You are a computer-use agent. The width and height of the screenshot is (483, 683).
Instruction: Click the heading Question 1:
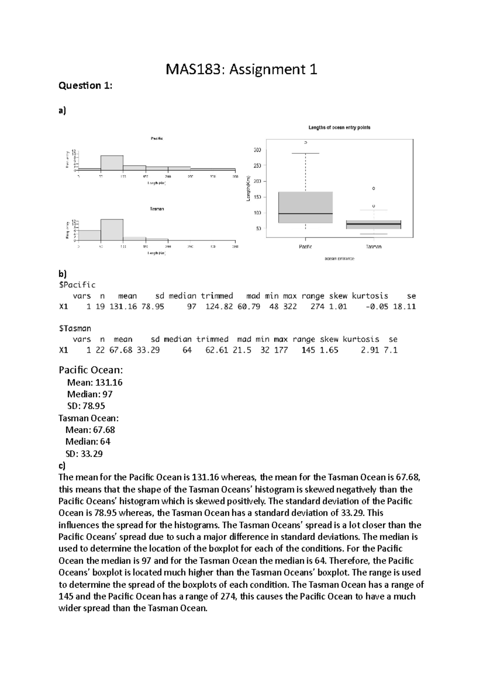pos(85,85)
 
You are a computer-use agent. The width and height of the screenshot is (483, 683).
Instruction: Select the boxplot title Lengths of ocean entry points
pos(339,128)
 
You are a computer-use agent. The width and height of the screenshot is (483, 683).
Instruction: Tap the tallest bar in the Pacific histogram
pos(112,163)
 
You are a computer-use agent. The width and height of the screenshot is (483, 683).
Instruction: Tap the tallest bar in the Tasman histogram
pos(112,230)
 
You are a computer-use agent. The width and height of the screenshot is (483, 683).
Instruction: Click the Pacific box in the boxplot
pos(305,207)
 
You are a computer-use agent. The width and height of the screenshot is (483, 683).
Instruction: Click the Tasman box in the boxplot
pos(374,224)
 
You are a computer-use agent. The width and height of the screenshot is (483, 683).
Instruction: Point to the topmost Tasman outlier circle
pos(374,188)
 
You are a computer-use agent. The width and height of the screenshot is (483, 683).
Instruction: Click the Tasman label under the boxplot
pos(374,247)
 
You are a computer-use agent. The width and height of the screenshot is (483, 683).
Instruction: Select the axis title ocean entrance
pos(339,259)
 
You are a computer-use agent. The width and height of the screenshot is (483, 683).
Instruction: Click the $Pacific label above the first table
pos(77,285)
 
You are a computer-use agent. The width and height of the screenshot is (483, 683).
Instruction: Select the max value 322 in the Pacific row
pos(290,307)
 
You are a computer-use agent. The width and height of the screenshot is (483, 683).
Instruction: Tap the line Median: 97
pos(90,394)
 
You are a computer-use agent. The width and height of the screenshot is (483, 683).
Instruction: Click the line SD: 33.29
pos(84,454)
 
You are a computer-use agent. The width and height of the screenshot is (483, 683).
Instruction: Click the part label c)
pos(62,465)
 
